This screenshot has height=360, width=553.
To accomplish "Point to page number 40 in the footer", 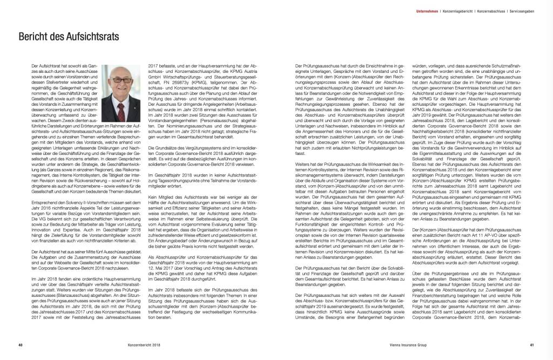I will [20, 346].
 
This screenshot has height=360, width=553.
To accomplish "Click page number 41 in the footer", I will [532, 346].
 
